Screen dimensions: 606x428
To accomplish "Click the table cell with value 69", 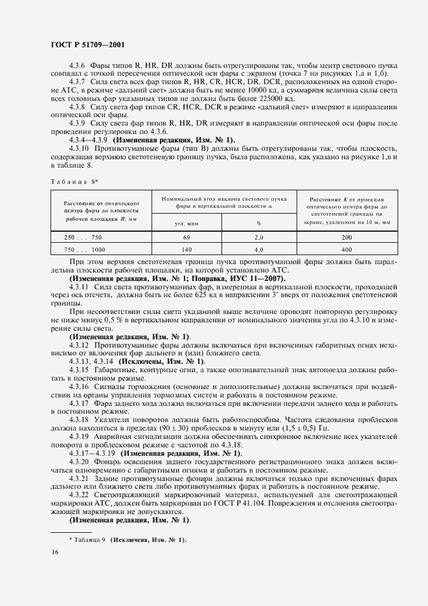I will click(186, 238).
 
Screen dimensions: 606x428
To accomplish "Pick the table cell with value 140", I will click(186, 249).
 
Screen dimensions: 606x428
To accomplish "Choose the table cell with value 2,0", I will click(258, 238).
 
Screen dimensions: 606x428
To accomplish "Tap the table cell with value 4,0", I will click(258, 249).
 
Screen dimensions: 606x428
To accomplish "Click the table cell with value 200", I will click(346, 238).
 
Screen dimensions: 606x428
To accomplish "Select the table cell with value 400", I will click(346, 249).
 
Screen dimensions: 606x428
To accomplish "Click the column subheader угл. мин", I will click(186, 223).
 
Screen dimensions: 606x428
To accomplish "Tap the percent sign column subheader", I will click(258, 223).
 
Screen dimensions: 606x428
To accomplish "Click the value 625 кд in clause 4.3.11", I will click(225, 285).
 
